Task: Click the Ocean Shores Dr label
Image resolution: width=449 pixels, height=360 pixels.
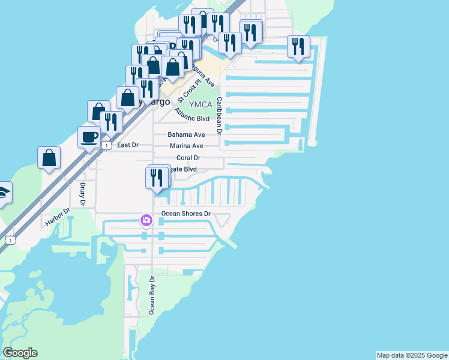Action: [186, 214]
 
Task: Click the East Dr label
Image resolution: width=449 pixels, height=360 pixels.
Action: [127, 145]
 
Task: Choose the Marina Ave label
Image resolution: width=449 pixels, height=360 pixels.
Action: [186, 146]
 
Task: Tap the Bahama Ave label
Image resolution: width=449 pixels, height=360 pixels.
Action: [186, 134]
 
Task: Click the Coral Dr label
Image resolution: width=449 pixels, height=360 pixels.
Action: [188, 158]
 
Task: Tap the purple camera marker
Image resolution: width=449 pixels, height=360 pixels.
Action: [146, 221]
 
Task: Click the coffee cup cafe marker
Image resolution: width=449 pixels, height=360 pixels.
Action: [89, 137]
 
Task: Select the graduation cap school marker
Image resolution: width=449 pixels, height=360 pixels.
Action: [4, 193]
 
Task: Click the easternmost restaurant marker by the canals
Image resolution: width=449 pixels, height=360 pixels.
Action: [298, 47]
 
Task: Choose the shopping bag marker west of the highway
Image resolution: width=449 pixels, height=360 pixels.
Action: [49, 158]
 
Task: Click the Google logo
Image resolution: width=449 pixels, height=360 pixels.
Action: [20, 353]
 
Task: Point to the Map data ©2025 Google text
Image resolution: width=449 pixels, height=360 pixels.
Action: [412, 355]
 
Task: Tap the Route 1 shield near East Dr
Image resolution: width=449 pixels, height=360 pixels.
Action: [106, 145]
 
